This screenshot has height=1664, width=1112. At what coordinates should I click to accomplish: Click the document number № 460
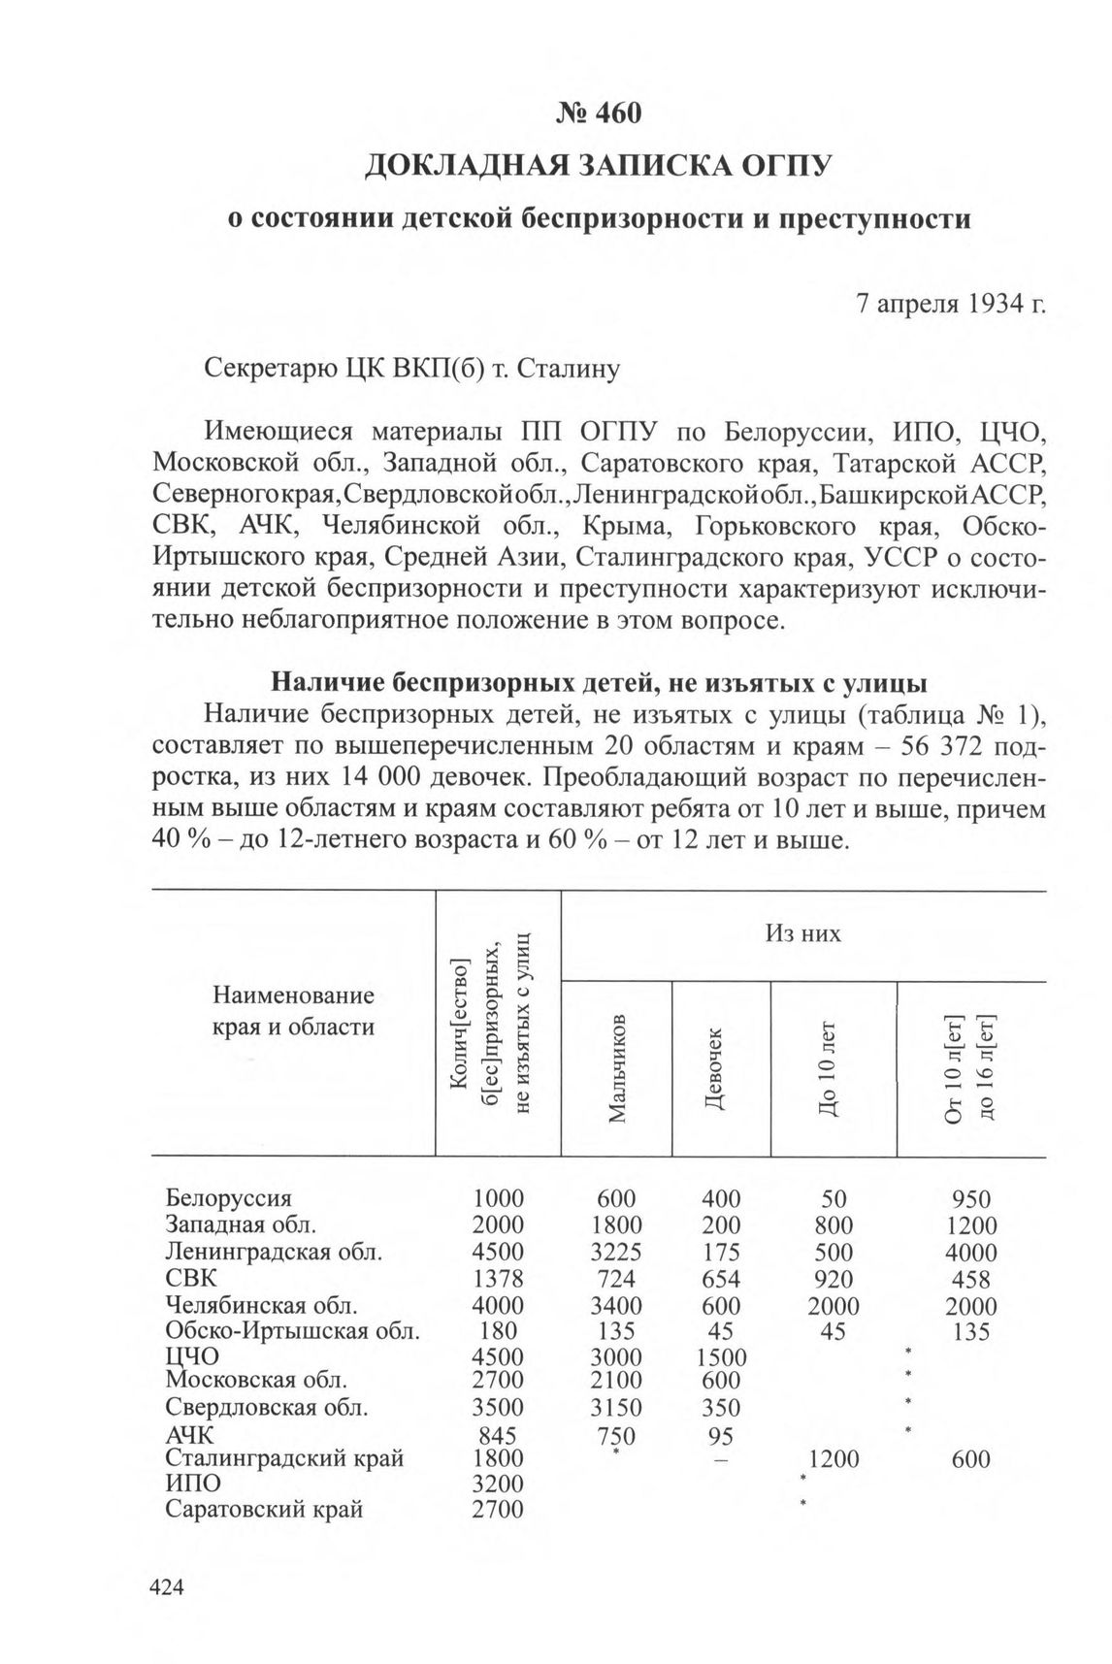(x=599, y=114)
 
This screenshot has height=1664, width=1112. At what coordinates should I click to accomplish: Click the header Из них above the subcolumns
(x=802, y=933)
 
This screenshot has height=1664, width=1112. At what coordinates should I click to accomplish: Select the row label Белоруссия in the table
(x=228, y=1198)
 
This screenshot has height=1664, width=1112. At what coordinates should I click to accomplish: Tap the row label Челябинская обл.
(x=262, y=1305)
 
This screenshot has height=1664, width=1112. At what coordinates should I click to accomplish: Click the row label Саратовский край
(x=264, y=1510)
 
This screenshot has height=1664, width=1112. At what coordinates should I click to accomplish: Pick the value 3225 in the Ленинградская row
(x=616, y=1252)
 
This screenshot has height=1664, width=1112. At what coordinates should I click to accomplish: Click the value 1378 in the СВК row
(x=498, y=1279)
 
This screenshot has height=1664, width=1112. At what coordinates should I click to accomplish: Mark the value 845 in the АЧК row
(x=498, y=1435)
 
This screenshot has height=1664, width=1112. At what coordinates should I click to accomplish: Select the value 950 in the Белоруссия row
(x=970, y=1199)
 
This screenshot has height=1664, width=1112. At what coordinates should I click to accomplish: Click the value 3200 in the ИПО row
(x=498, y=1485)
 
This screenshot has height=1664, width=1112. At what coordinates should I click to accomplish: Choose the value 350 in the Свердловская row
(x=721, y=1408)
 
